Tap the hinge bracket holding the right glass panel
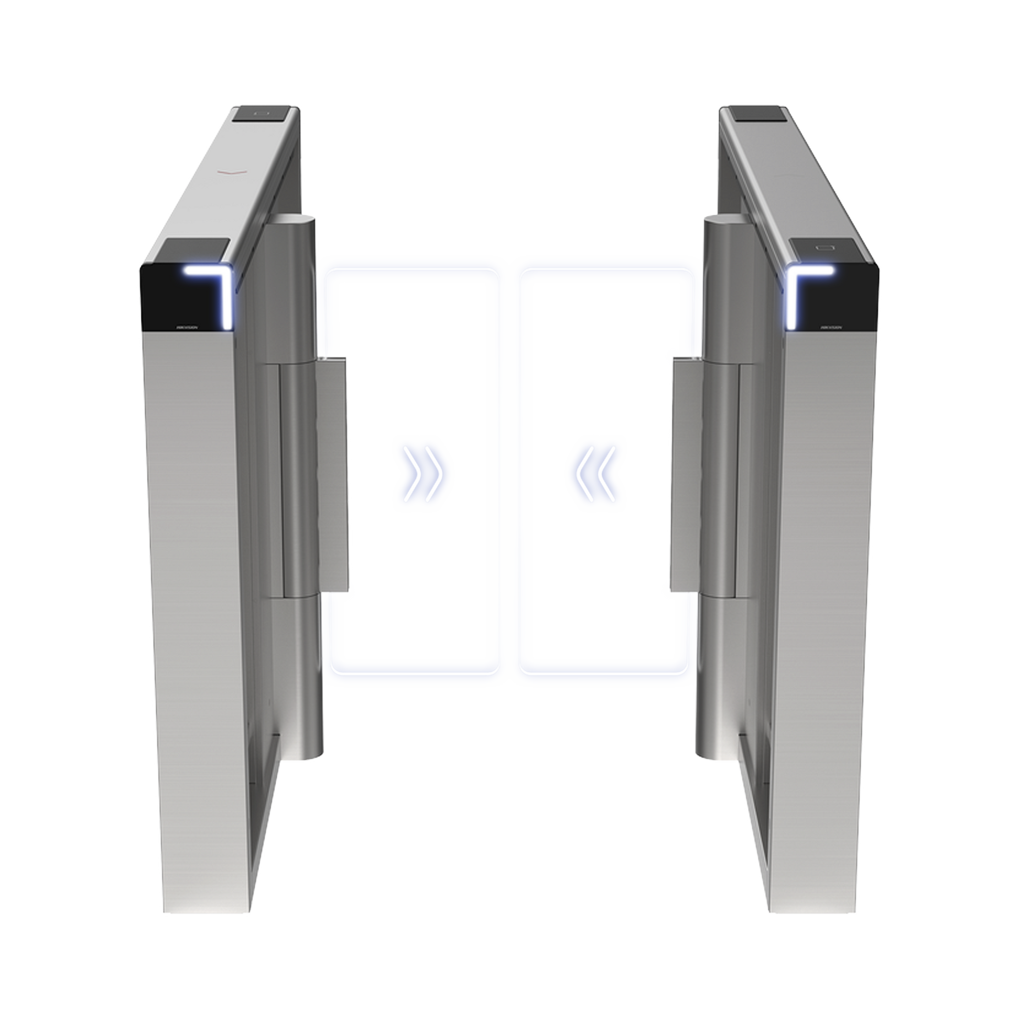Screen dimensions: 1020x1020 coord(684,475)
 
